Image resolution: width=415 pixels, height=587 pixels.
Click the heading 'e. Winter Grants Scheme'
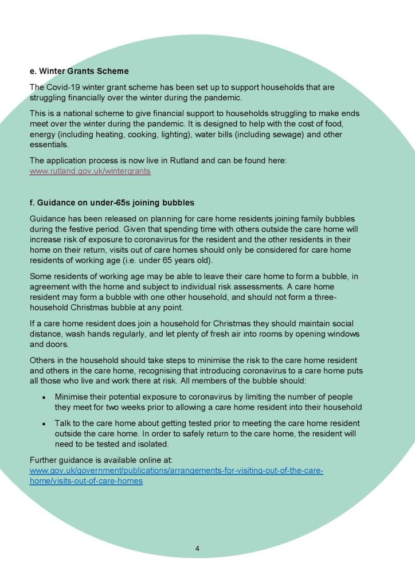click(79, 71)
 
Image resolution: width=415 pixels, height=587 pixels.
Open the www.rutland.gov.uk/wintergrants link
click(90, 171)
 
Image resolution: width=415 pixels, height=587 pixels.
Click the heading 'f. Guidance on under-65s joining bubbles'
click(112, 202)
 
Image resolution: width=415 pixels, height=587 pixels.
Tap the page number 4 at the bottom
click(197, 549)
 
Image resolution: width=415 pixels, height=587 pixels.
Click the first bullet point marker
click(44, 397)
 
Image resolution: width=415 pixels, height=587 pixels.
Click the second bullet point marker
click(44, 424)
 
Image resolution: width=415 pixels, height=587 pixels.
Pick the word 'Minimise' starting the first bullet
click(72, 397)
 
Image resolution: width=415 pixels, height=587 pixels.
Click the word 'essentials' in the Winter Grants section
click(48, 145)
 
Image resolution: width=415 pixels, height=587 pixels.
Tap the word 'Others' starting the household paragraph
click(42, 360)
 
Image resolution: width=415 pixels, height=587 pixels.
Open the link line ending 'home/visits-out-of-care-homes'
click(86, 481)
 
